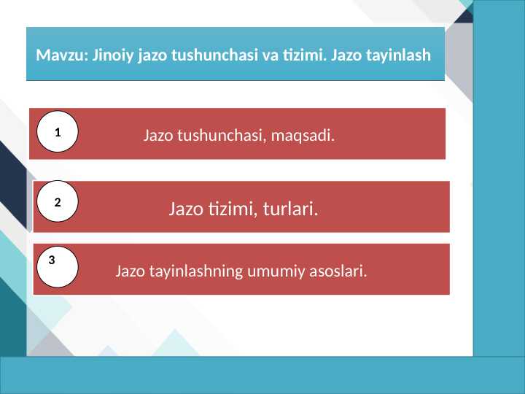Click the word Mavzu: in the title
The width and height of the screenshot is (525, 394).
(x=60, y=55)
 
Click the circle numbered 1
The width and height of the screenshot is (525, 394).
(x=57, y=132)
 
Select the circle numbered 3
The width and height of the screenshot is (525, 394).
(x=58, y=266)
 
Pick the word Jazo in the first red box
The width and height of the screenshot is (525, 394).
(x=157, y=135)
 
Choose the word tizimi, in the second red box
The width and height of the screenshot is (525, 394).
(x=229, y=210)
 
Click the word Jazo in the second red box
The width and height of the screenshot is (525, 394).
(x=186, y=210)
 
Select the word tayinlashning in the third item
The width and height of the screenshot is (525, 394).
(x=192, y=272)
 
